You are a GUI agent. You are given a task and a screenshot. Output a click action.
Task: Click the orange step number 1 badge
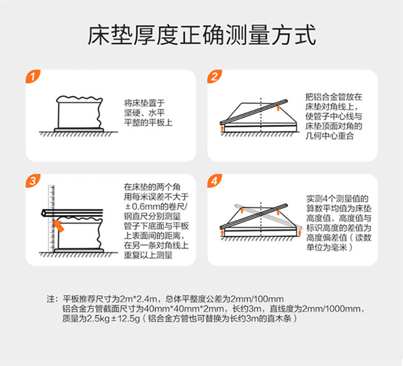pos(33,76)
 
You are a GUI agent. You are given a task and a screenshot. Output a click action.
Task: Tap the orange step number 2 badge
pos(215,76)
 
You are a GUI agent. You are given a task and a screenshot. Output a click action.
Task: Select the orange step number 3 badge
pos(33,181)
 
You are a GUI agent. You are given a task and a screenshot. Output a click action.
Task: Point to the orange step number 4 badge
pos(215,181)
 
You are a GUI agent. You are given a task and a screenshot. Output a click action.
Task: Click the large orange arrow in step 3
pos(59,226)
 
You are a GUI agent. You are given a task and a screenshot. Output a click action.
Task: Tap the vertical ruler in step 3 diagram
pos(52,218)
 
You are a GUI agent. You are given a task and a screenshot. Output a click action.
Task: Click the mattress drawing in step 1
pos(79,112)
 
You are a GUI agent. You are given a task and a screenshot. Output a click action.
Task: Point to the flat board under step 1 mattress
pos(79,130)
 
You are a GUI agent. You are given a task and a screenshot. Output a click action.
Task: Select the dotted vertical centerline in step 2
pos(261,115)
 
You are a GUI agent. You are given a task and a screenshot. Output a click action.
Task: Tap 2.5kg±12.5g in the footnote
pos(112,319)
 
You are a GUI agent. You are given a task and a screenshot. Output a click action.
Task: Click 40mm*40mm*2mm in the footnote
pos(184,308)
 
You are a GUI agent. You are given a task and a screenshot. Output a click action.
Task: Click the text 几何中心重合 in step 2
pos(330,136)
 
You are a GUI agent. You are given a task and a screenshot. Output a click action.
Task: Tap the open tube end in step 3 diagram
pos(44,213)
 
